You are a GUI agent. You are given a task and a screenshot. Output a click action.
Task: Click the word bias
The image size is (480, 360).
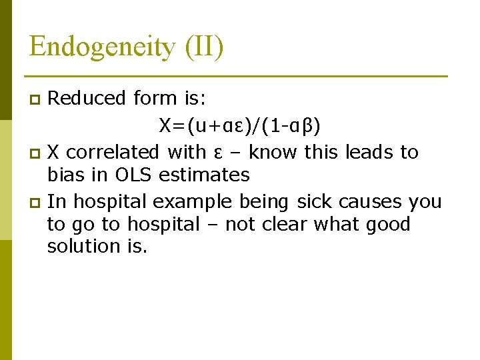tap(65, 175)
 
